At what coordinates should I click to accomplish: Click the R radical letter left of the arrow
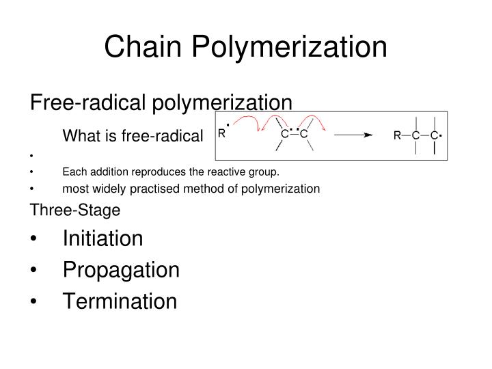(x=221, y=135)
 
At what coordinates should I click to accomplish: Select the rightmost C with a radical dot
(x=434, y=136)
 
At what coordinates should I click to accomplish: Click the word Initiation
(x=102, y=238)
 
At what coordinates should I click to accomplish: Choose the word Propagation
(x=121, y=270)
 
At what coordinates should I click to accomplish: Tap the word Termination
(x=120, y=301)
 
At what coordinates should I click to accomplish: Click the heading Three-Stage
(x=74, y=210)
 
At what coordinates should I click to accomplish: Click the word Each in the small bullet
(x=74, y=172)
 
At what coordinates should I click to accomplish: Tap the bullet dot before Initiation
(x=34, y=240)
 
